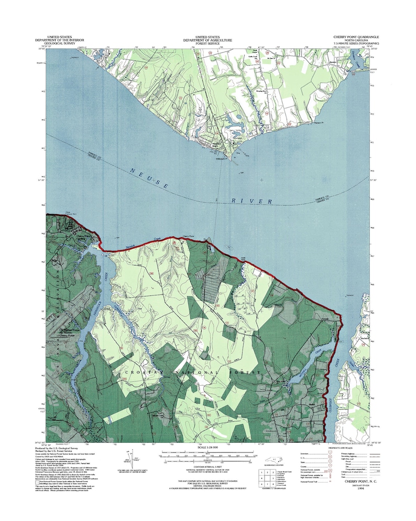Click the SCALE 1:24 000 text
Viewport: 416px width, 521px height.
(207, 446)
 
